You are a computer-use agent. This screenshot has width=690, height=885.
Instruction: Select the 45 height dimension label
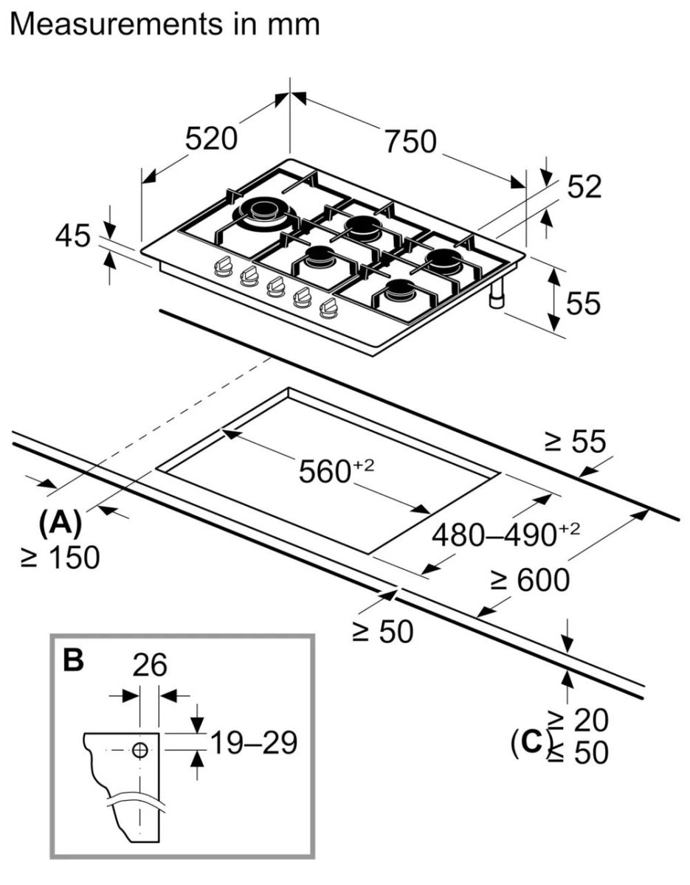pos(73,237)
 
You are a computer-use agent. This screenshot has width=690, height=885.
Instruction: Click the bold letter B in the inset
pos(73,660)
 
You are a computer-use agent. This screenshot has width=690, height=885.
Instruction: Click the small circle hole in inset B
pos(140,750)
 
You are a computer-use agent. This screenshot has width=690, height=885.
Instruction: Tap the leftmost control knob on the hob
pos(222,267)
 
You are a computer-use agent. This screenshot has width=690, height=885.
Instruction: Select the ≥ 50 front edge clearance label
pos(381,631)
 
